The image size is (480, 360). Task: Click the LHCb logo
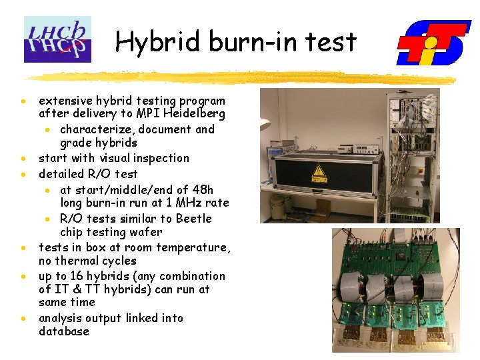click(x=57, y=39)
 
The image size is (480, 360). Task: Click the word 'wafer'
click(x=145, y=232)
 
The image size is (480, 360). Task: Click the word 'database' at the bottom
click(x=64, y=331)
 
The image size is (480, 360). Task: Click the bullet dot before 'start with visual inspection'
click(x=23, y=159)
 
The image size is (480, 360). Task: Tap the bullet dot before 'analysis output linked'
click(x=23, y=319)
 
